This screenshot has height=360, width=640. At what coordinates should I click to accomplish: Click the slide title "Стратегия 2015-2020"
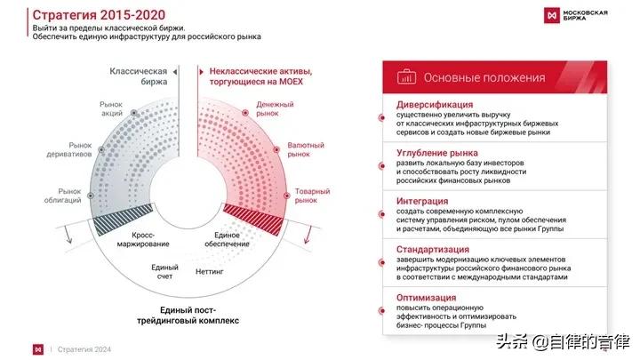coord(99,15)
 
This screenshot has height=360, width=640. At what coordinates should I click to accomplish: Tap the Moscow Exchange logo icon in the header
coord(552,15)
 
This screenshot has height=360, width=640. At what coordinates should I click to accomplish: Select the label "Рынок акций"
coord(111,108)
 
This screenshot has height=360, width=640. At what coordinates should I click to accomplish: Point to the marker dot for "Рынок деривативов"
coord(101,149)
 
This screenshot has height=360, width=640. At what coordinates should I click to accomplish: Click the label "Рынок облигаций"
coord(63,196)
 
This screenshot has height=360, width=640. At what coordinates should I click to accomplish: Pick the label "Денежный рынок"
coord(275,108)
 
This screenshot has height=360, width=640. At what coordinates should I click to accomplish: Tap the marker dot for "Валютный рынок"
coord(276,150)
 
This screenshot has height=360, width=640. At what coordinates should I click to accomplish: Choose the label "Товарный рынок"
coord(312,196)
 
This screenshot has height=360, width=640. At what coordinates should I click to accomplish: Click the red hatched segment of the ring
coord(253,220)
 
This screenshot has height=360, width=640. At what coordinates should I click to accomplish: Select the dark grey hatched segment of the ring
coord(123,220)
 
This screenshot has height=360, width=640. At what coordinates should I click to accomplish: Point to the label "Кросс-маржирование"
coord(143,240)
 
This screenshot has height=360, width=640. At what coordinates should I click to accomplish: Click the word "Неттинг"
coord(210,271)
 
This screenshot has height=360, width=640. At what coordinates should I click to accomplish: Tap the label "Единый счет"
coord(165,272)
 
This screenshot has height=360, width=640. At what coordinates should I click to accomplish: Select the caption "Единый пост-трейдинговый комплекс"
coord(188,315)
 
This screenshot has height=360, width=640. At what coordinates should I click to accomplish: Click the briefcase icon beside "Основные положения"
coord(406,76)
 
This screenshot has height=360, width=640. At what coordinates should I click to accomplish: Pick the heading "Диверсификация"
coord(435,105)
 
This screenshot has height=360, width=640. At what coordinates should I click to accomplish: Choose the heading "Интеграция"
coord(422,201)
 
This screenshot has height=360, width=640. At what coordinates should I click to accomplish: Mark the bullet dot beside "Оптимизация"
coord(382,310)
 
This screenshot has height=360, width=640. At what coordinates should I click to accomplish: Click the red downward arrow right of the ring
coord(308,235)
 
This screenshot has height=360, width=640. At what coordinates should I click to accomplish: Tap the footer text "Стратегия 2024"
coord(84,349)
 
